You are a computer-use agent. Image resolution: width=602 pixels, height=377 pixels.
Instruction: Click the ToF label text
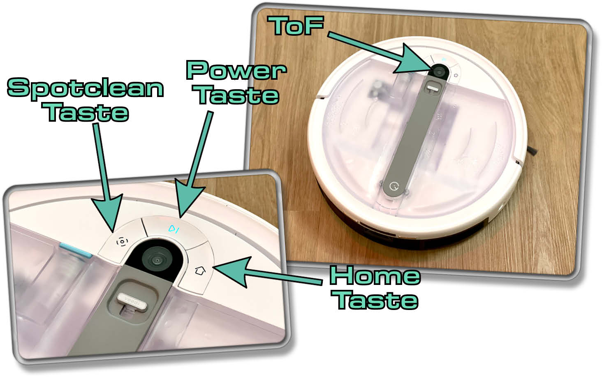coord(296,25)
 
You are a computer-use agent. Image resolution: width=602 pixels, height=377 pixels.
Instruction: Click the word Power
coord(236,70)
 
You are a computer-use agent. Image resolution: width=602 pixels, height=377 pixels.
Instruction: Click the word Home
coord(375,275)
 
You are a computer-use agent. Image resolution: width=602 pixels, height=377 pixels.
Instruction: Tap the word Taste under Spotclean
coord(86,112)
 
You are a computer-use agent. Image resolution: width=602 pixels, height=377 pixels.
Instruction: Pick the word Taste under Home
coord(375,300)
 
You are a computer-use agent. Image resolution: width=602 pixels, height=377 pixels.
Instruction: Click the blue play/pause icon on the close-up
coord(174,229)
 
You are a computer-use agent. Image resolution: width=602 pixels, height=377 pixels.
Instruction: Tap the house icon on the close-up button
coord(200,271)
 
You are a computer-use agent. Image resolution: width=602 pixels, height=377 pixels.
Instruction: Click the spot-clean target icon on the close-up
coord(122,242)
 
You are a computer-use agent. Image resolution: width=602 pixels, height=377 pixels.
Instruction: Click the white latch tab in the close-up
coord(132,302)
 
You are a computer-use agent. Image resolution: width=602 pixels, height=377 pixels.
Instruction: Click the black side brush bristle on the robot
coord(532,151)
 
